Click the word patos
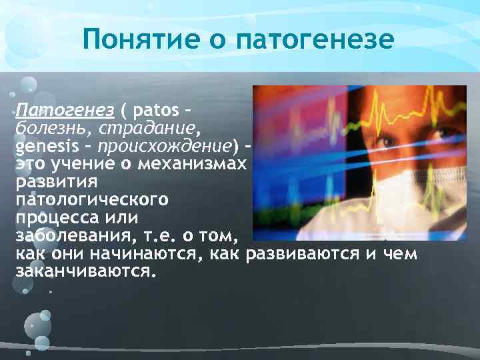[156, 109]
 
